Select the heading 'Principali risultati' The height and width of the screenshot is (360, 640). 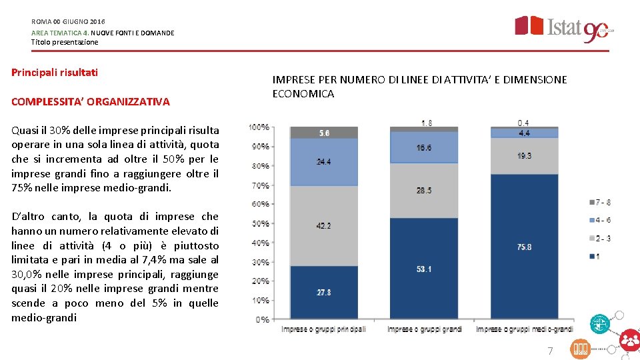click(x=55, y=72)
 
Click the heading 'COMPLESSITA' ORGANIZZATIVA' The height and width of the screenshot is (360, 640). click(x=91, y=101)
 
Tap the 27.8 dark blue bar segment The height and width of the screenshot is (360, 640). click(x=324, y=292)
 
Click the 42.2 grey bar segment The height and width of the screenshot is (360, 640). click(x=324, y=226)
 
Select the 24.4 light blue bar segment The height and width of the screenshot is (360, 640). click(x=324, y=162)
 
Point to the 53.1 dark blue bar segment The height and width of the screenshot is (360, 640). click(x=424, y=269)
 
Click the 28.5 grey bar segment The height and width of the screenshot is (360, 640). click(x=424, y=191)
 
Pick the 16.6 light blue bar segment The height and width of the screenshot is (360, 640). click(x=424, y=147)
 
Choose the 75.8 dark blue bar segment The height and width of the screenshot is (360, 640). click(x=525, y=247)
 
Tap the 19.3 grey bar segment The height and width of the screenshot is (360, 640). click(x=525, y=155)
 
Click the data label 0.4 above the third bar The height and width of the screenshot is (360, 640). click(x=525, y=122)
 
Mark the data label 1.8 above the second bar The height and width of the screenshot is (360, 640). click(x=425, y=122)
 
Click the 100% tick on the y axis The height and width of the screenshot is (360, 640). click(x=259, y=127)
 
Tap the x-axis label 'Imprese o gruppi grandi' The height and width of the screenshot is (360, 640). click(x=424, y=329)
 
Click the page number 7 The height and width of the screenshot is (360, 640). click(x=550, y=351)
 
